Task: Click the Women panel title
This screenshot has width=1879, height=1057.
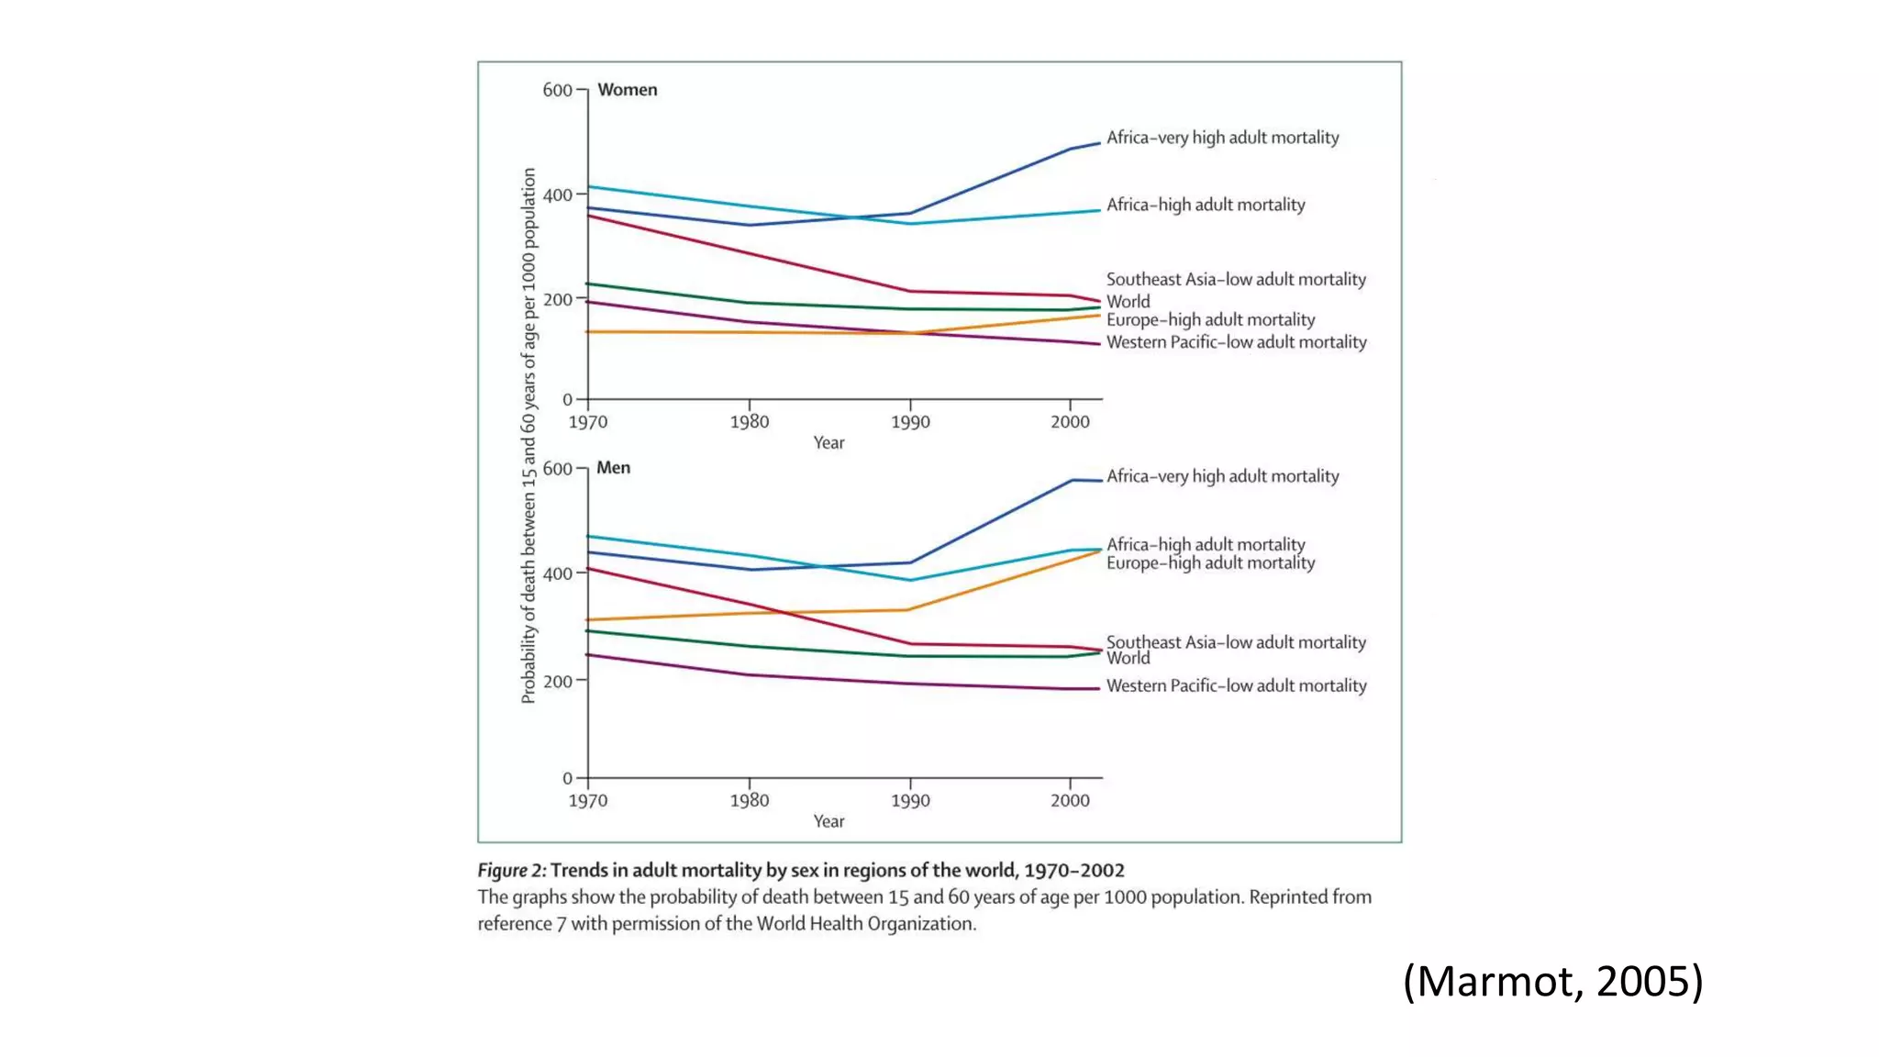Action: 627,90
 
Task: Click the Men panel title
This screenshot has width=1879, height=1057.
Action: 613,468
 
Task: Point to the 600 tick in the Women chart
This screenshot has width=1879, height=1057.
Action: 557,90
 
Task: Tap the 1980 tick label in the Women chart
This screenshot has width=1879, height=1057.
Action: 749,422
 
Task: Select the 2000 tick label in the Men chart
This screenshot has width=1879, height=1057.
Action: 1070,801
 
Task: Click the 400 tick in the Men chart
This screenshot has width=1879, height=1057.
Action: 557,574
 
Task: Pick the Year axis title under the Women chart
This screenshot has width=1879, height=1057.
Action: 828,443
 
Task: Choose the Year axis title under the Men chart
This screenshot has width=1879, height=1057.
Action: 828,822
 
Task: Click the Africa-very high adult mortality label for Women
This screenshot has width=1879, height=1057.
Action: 1222,138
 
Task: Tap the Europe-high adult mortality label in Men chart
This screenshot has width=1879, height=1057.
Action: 1210,563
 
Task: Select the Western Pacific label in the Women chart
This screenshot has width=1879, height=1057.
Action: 1236,342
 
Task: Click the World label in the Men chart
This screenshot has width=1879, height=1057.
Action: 1128,659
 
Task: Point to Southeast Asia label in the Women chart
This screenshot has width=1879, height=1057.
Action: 1236,279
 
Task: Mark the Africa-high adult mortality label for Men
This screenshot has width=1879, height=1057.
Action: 1206,544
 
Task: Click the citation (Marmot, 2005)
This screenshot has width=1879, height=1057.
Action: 1552,981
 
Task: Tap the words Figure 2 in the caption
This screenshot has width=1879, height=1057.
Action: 511,871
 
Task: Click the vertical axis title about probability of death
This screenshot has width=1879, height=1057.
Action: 528,436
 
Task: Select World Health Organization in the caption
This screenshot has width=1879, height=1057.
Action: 865,924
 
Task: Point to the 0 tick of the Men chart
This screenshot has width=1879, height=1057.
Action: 567,779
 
